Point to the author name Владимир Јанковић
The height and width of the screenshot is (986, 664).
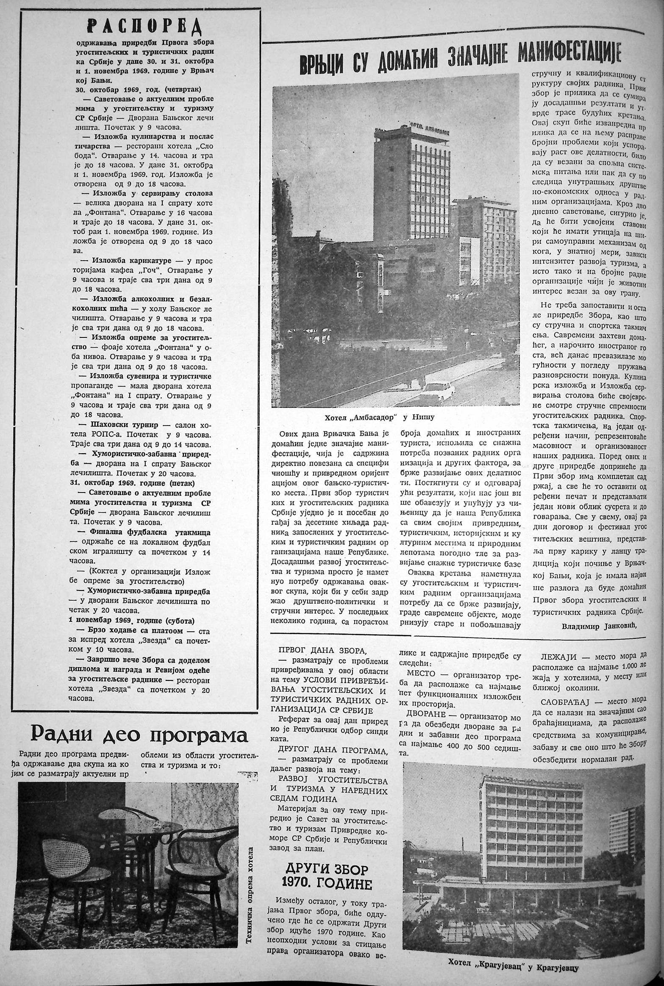[x=599, y=625]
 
